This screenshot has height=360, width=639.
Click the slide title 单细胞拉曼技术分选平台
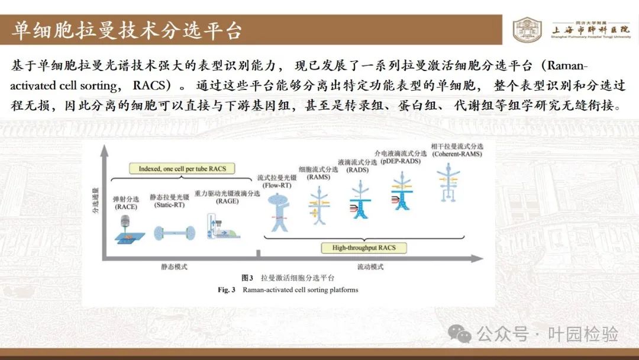coord(127,31)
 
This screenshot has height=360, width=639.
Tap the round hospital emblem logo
coord(527,30)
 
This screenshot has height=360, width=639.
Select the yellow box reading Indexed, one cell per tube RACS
coord(182,169)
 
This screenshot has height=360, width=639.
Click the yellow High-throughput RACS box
coord(364,248)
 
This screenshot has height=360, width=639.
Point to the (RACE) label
coord(126,207)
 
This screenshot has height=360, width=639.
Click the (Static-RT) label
coord(170,205)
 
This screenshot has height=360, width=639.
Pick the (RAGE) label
coord(227,201)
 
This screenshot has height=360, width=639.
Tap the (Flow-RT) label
coord(277,185)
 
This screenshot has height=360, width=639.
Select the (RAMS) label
coord(318,177)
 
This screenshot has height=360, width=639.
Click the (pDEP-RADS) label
coord(401,161)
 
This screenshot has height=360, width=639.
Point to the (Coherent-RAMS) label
coord(457,154)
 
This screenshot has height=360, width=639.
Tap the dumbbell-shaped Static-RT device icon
coord(175,233)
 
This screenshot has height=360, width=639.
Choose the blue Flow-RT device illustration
coord(279,212)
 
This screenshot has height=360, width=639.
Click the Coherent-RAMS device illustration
coord(448,182)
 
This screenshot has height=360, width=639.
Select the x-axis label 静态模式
coord(174,267)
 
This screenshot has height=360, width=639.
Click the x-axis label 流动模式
coord(370,267)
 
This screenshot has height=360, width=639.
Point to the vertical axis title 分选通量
coord(95,201)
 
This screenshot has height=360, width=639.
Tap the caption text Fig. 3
coord(227,290)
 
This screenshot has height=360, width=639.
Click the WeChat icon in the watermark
coord(460,334)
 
